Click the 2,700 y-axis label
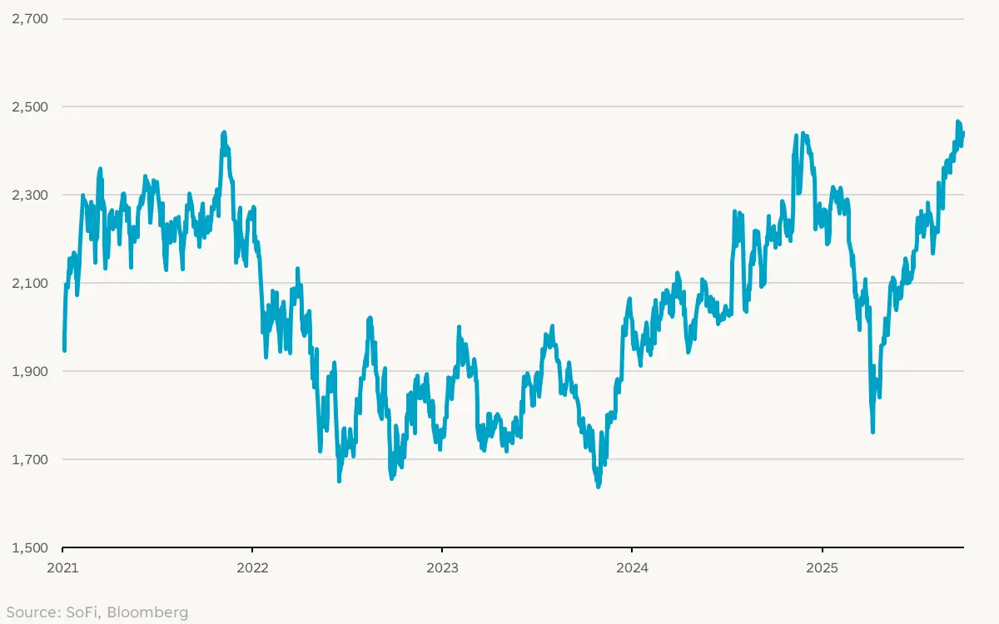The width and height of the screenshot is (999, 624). tap(30, 18)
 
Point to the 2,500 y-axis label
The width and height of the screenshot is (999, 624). tap(30, 106)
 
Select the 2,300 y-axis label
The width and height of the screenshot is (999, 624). tap(30, 195)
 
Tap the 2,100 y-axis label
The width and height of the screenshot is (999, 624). tap(30, 283)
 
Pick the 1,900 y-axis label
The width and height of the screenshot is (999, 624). tap(30, 371)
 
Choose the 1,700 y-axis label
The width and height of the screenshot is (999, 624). tap(30, 459)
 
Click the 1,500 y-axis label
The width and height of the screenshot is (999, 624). tap(30, 547)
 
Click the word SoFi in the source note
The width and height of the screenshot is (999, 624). tap(82, 613)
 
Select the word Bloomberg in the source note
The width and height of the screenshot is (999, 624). tap(147, 613)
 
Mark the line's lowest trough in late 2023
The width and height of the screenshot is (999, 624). tap(598, 487)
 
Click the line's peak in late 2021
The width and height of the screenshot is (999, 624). tap(224, 132)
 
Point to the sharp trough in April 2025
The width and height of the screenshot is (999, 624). tap(872, 431)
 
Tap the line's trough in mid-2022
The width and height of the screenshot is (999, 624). tap(339, 480)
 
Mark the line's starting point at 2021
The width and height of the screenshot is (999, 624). tap(63, 349)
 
